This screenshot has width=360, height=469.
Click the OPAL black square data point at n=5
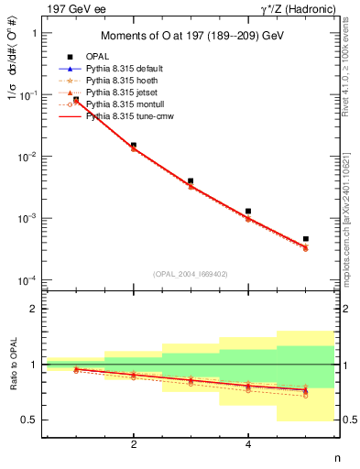pyautogui.click(x=306, y=239)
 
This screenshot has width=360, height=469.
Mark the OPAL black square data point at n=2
pyautogui.click(x=134, y=145)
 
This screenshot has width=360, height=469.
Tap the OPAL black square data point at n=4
pyautogui.click(x=248, y=211)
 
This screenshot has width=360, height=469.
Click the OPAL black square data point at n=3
pyautogui.click(x=191, y=181)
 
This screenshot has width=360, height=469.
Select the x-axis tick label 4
pyautogui.click(x=248, y=443)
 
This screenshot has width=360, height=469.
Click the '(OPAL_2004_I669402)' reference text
pyautogui.click(x=191, y=274)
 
